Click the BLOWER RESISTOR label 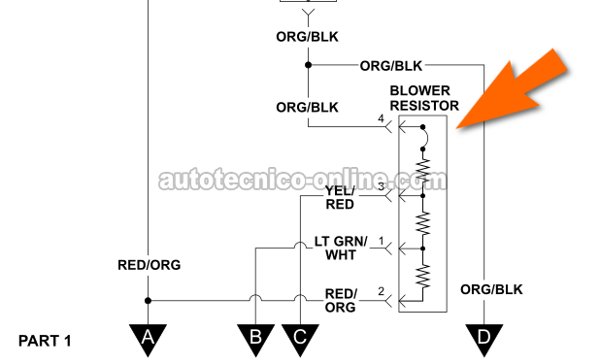(424, 98)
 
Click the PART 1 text (45, 341)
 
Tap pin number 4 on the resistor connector (381, 118)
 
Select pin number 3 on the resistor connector (382, 186)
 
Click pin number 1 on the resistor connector (382, 241)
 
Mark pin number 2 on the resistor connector (381, 291)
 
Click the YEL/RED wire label (340, 197)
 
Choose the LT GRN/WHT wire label (341, 248)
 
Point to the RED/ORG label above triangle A (149, 265)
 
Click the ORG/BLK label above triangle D (491, 290)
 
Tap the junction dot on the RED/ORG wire (148, 301)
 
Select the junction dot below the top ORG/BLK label (308, 65)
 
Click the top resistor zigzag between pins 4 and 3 (423, 170)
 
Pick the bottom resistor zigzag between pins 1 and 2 (423, 276)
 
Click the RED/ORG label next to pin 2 (341, 301)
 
